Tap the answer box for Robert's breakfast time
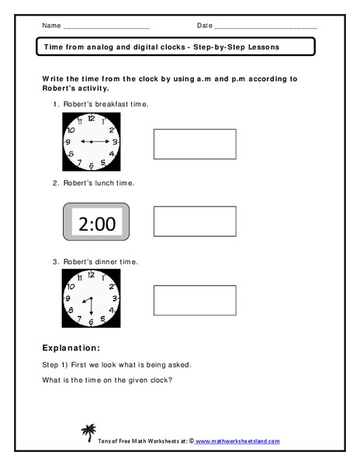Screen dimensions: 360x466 coord(195,144)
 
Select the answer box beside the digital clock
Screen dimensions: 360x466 coord(195,221)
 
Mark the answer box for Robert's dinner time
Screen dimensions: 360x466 coord(195,300)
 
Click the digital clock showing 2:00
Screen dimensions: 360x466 coord(97,224)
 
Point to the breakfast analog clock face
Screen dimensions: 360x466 coord(92,142)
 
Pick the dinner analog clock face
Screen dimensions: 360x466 coord(92,299)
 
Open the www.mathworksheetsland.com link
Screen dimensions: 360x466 coord(237,441)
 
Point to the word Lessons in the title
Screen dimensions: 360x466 coord(262,47)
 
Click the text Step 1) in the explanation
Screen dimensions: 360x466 coord(54,363)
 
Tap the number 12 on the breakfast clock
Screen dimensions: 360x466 coord(92,118)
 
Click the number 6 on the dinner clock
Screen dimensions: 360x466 coord(92,322)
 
